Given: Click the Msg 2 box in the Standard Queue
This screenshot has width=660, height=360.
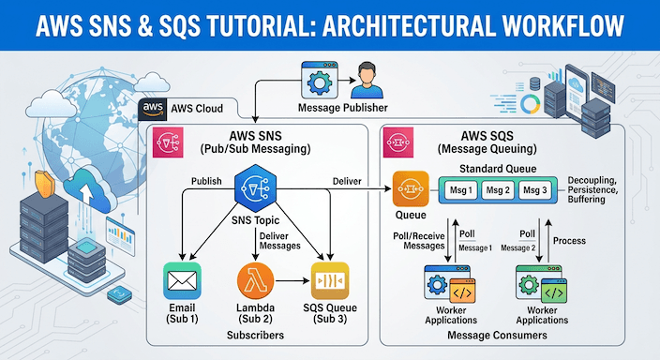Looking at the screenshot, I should tap(496, 191).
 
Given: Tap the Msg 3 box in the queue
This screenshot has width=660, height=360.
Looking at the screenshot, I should tap(532, 191).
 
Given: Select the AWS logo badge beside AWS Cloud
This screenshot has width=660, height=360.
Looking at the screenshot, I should tap(154, 109).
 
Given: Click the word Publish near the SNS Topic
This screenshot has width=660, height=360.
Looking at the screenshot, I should tap(206, 180).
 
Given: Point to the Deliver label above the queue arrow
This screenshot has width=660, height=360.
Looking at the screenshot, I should tap(348, 180).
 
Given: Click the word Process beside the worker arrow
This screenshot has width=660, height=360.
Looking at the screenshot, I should tap(569, 240).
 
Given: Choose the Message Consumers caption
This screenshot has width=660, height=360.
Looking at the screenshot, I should tap(497, 335).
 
